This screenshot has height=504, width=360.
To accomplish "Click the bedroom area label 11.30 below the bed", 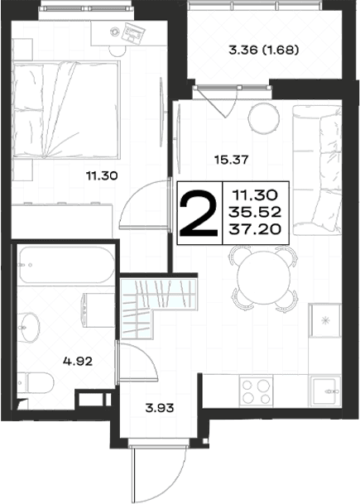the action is pos(102,175).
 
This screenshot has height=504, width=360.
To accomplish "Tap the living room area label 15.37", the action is pos(232,160).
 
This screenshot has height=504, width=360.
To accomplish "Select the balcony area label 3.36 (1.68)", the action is pos(263,50).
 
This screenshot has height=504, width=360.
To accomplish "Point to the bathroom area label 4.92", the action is pos(78,362).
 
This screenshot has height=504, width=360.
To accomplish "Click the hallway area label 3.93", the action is pos(160,408).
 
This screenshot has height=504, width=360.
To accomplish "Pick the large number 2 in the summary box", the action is pos(199,214).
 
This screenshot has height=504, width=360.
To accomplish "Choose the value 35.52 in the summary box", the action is pos(255,212).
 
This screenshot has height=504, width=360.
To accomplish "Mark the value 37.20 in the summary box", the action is pos(255,229).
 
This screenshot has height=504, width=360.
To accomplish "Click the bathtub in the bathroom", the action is pos(66,265).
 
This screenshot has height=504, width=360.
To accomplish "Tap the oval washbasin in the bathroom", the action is pos(29,327).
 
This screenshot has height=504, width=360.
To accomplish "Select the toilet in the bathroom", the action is pos(36,383).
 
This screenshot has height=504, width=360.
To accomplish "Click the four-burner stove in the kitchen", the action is pos(256,391).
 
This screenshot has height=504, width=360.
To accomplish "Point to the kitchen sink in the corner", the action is pos(325,391).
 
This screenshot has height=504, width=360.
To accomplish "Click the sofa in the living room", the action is pos(317,170).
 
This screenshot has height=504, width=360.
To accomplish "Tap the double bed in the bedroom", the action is pos(66,109).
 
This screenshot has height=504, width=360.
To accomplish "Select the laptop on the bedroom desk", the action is pos(133,31).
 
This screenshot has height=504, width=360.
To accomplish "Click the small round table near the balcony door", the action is pos(264,118).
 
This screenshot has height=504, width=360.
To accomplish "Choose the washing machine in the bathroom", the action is pos(98,310).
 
